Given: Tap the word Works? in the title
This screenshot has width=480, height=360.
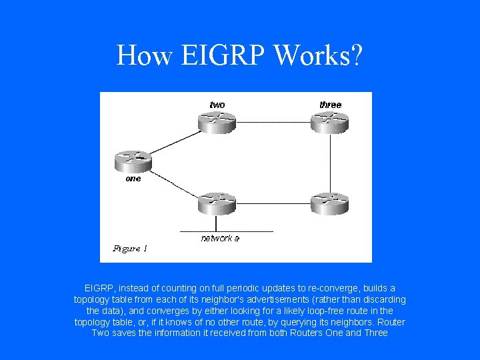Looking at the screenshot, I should click(x=318, y=55).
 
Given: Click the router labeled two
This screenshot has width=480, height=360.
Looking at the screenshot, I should click(x=217, y=120).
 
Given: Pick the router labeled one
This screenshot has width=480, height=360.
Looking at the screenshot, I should click(x=133, y=160).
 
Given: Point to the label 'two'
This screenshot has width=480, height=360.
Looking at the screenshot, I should click(x=217, y=105).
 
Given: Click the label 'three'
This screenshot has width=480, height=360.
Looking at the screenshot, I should click(x=330, y=105).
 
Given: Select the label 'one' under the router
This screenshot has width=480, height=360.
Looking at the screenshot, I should click(x=133, y=179).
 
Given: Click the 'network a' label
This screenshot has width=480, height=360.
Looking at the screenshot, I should click(x=220, y=238).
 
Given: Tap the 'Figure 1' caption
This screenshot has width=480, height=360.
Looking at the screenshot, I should click(x=130, y=249).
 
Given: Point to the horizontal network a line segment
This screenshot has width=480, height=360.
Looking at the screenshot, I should click(x=227, y=231).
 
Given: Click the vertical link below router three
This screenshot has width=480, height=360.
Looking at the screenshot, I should click(x=329, y=160).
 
